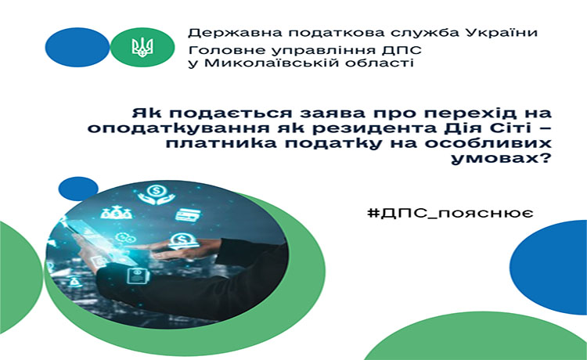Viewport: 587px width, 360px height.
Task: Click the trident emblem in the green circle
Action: (142, 48)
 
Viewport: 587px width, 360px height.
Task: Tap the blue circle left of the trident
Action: (77, 47)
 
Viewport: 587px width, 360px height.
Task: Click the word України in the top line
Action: (502, 33)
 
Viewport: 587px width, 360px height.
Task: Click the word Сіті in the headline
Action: (508, 128)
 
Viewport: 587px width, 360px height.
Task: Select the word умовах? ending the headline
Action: (501, 159)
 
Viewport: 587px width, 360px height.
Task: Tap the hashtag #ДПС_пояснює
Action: (450, 214)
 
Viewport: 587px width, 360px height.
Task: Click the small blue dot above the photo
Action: (77, 189)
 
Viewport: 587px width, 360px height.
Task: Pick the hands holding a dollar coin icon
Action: (156, 194)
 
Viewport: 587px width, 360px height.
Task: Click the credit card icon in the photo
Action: (188, 214)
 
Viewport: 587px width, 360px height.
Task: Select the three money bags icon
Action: (116, 212)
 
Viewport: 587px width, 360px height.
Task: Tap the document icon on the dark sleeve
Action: (138, 276)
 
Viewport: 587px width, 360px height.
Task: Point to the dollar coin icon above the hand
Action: (183, 241)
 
